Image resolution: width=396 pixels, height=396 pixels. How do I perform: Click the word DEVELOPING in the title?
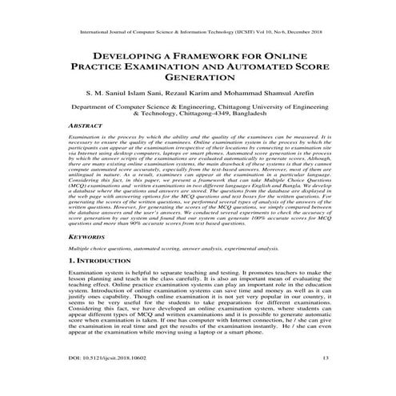click(130, 58)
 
